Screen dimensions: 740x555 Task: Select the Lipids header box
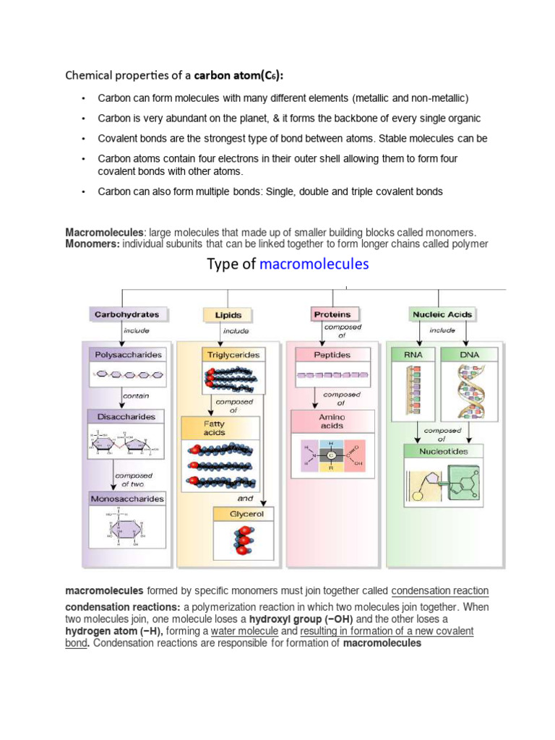[x=228, y=315]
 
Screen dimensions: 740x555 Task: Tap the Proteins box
[x=332, y=314]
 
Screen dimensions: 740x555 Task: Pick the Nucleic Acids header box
[x=442, y=314]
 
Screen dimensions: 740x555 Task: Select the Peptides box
[x=332, y=355]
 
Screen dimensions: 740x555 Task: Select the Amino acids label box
[x=332, y=421]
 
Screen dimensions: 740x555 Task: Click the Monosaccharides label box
[x=127, y=499]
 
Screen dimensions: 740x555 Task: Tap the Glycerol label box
[x=241, y=514]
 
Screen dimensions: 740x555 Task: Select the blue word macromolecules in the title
[x=314, y=264]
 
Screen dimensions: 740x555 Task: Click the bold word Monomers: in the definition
[x=92, y=244]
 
